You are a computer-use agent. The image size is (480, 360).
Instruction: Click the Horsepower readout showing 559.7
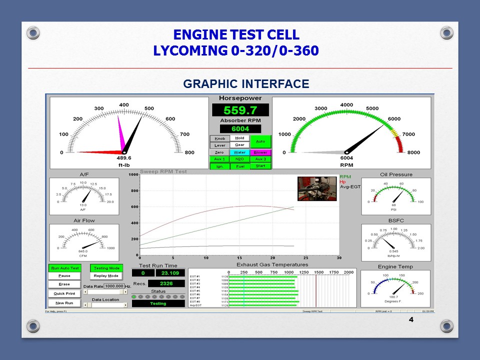[x=240, y=110]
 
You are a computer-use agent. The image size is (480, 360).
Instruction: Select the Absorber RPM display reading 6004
[x=240, y=129]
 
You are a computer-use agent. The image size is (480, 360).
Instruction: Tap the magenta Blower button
[x=260, y=152]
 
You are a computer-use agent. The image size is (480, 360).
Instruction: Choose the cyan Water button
[x=239, y=152]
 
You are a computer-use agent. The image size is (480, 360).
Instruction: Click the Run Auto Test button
[x=64, y=268]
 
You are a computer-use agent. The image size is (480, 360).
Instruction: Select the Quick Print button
[x=64, y=293]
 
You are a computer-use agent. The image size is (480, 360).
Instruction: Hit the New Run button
[x=64, y=303]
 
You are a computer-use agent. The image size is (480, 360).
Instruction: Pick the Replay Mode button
[x=106, y=276]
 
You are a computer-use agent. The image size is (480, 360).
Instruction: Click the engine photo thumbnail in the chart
[x=317, y=188]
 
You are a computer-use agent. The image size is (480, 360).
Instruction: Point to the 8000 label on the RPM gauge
[x=413, y=152]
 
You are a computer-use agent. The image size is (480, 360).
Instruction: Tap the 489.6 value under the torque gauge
[x=124, y=157]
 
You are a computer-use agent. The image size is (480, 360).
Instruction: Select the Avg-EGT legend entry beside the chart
[x=350, y=187]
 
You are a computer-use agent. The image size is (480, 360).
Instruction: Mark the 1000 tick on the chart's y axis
[x=133, y=175]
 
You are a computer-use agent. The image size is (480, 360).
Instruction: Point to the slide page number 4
[x=411, y=319]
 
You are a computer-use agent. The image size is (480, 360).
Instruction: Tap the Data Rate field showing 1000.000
[x=114, y=286]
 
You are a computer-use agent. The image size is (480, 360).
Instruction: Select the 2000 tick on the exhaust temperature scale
[x=348, y=272]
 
